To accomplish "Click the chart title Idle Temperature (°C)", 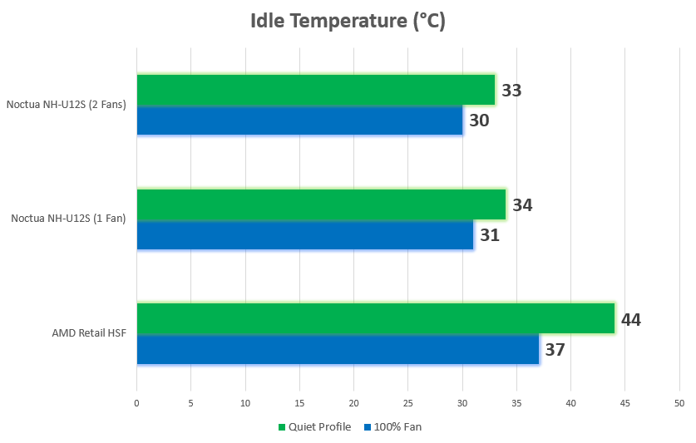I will pyautogui.click(x=348, y=22).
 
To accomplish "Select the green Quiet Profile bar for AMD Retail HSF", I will pyautogui.click(x=375, y=318).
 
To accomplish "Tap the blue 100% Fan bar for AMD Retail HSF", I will pyautogui.click(x=338, y=349).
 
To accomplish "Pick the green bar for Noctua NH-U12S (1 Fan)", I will pyautogui.click(x=321, y=204).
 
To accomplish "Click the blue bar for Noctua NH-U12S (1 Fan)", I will pyautogui.click(x=304, y=235).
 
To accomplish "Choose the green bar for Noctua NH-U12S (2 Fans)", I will pyautogui.click(x=315, y=90).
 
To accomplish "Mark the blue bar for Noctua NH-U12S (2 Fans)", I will pyautogui.click(x=299, y=121).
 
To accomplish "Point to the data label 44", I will pyautogui.click(x=631, y=319).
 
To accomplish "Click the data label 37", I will pyautogui.click(x=555, y=350).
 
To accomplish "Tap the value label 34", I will pyautogui.click(x=522, y=204).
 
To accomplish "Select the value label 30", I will pyautogui.click(x=479, y=121).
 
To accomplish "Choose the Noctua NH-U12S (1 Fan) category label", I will pyautogui.click(x=69, y=219).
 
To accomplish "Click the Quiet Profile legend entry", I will pyautogui.click(x=319, y=427).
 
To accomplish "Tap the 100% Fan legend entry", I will pyautogui.click(x=392, y=427).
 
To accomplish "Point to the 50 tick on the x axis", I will pyautogui.click(x=679, y=403).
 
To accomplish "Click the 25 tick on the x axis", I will pyautogui.click(x=407, y=403).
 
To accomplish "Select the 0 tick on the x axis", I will pyautogui.click(x=137, y=403).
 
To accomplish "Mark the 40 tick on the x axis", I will pyautogui.click(x=570, y=403).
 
